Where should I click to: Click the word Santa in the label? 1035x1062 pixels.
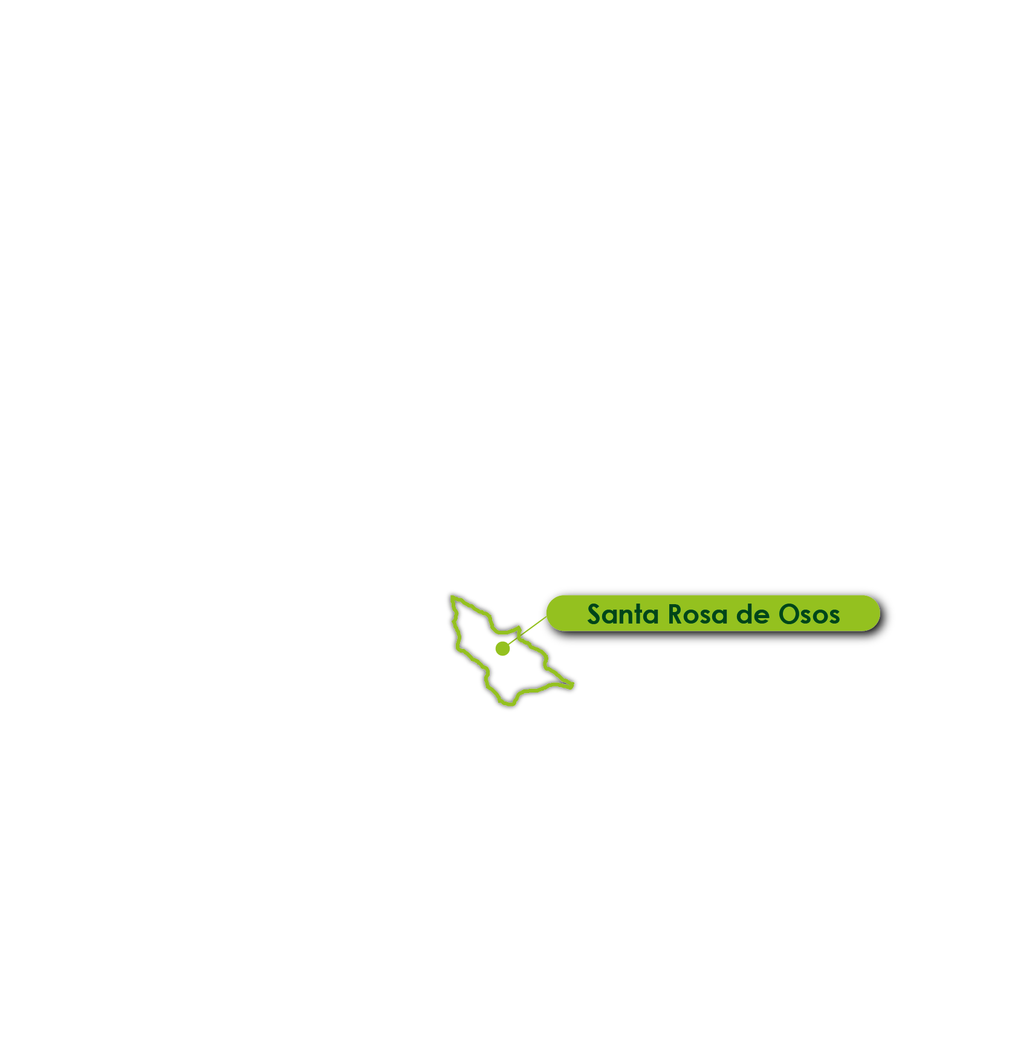coord(623,614)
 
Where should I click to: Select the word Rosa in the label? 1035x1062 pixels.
coord(697,614)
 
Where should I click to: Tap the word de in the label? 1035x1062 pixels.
coord(753,614)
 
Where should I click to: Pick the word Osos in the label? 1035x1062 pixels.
coord(810,614)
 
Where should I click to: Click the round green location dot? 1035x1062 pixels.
coord(502,648)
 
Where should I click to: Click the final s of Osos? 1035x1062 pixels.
coord(834,617)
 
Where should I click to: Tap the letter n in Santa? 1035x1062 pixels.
coord(626,617)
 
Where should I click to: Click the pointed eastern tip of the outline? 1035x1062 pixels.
coord(572,685)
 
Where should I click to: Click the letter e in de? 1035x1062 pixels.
coord(762,617)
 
